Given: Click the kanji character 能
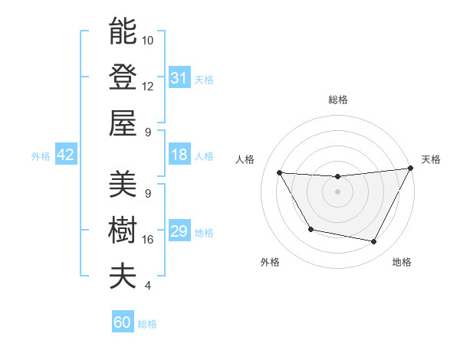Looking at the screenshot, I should [x=123, y=31].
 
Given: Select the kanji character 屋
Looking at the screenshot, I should [x=123, y=123].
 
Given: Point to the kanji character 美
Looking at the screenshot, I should [x=123, y=184].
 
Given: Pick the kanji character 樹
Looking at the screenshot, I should [x=123, y=230].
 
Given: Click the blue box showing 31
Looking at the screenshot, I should [x=179, y=78].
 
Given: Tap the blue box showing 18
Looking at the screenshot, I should [x=179, y=155].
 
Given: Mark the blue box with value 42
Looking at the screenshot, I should [x=65, y=155].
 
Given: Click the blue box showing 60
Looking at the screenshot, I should [x=123, y=322].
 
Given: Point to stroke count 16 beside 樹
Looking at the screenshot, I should [x=148, y=240].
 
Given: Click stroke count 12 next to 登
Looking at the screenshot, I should [x=148, y=86].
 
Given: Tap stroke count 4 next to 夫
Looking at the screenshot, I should [x=147, y=286].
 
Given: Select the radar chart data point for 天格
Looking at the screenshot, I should [x=410, y=169].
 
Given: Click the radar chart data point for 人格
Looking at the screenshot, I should [x=279, y=172].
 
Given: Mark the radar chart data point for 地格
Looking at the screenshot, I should [x=374, y=242].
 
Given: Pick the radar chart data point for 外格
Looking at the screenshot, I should [x=310, y=230].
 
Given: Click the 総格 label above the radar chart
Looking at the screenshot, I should [x=337, y=100].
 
